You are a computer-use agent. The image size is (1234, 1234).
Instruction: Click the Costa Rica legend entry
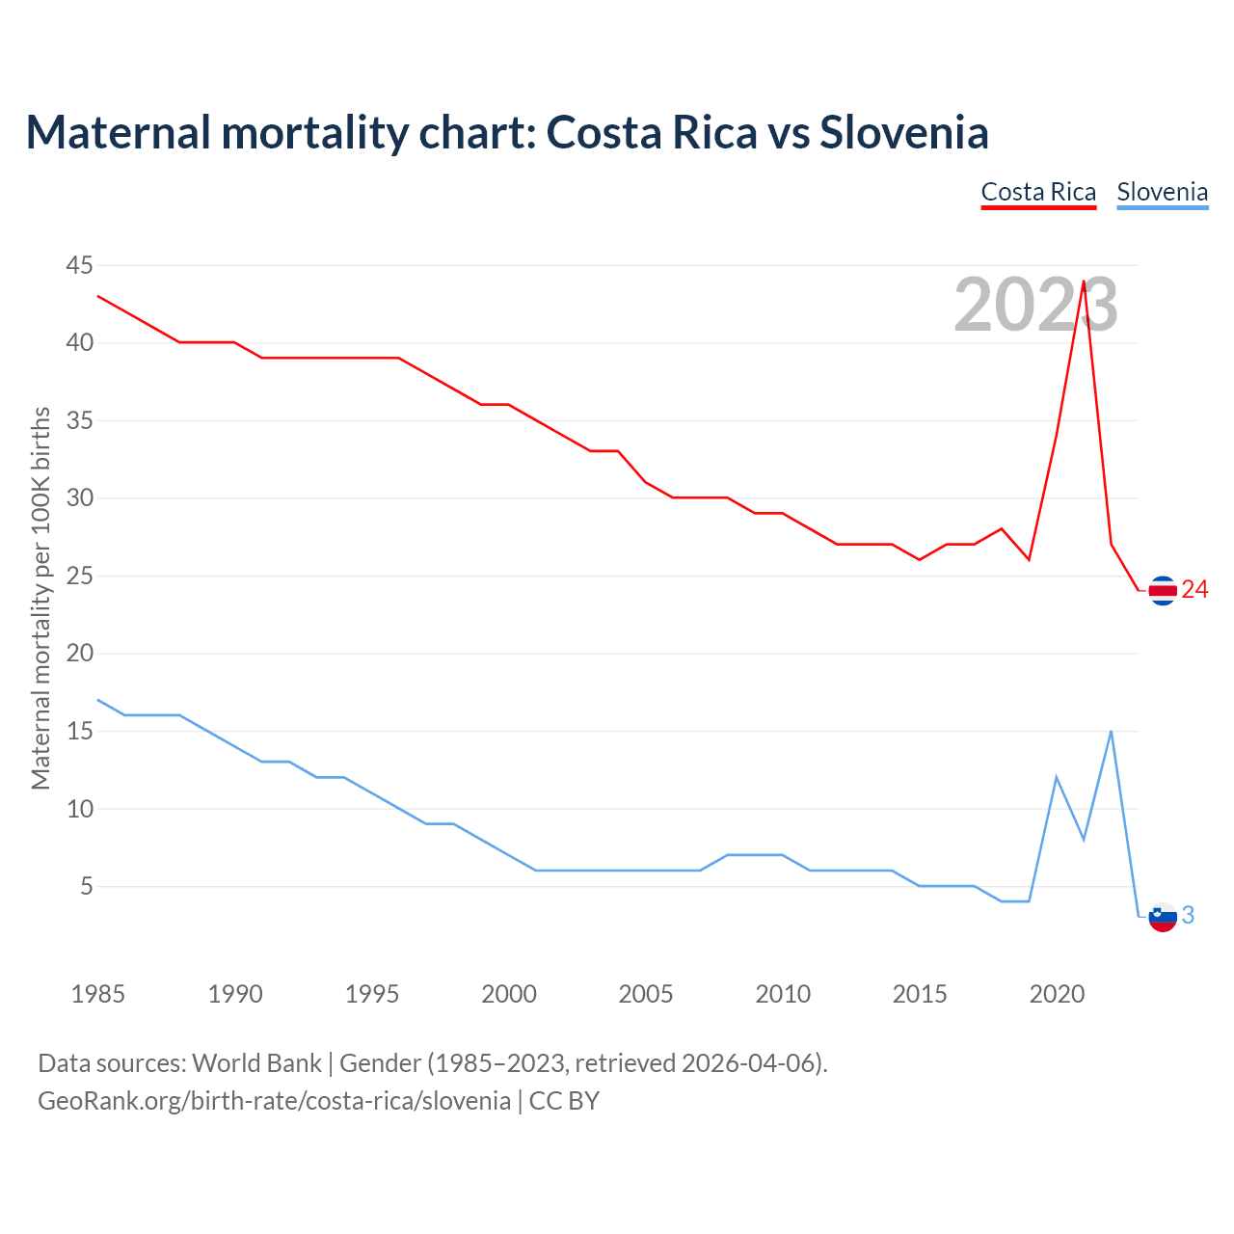[1038, 192]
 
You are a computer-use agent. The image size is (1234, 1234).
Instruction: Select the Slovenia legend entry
[1162, 192]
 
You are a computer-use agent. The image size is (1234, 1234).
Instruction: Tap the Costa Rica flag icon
[1163, 590]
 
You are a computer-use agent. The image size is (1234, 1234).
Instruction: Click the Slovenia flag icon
[1163, 916]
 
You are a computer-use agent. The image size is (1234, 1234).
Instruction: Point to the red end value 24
[1194, 589]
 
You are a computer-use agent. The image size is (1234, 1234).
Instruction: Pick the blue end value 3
[1188, 915]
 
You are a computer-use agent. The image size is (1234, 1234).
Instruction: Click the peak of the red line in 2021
[1084, 282]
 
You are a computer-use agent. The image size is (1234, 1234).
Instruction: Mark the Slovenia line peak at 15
[1112, 731]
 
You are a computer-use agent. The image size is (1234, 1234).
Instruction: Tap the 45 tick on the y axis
[80, 265]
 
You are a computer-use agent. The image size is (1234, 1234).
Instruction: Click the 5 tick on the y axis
[87, 886]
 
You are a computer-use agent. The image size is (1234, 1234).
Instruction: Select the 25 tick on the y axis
[80, 576]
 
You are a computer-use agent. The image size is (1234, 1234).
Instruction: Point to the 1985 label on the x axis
[98, 994]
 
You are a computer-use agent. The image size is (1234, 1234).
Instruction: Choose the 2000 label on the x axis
[509, 994]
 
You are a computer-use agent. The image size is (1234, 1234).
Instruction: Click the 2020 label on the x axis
[1057, 994]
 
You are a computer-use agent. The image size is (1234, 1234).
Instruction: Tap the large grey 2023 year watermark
[1035, 305]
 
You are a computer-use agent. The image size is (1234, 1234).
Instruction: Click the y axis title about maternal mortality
[40, 598]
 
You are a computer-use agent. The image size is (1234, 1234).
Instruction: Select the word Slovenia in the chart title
[903, 132]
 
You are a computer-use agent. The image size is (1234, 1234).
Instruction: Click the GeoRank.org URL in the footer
[274, 1100]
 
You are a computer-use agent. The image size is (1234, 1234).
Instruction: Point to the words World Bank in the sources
[256, 1062]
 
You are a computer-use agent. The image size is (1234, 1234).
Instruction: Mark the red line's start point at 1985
[98, 296]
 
